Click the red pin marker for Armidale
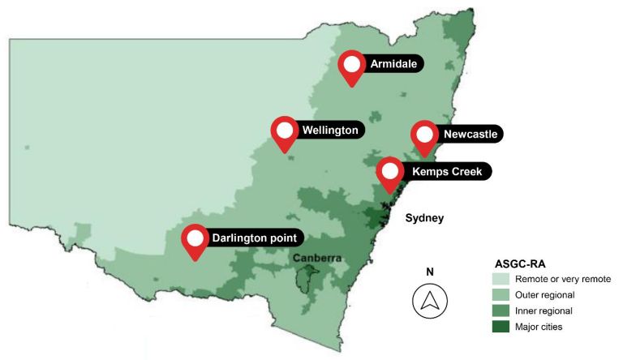click(352, 66)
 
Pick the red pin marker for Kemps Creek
click(390, 173)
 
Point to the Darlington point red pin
click(195, 240)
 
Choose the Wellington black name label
click(329, 130)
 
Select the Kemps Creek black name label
click(445, 171)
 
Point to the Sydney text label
click(426, 218)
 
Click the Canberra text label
click(319, 259)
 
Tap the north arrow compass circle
click(430, 301)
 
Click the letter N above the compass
click(430, 272)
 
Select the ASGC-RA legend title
click(520, 264)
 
